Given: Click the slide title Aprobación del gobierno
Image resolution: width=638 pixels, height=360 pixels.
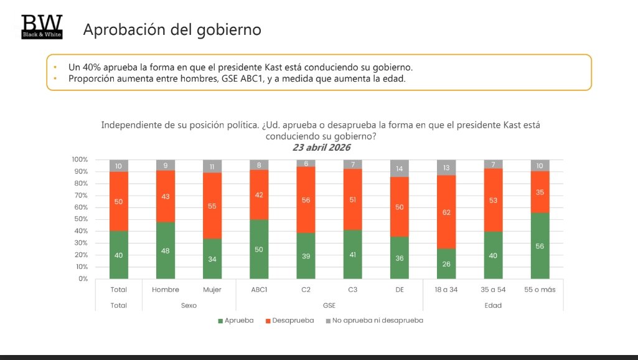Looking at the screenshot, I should coord(172,29).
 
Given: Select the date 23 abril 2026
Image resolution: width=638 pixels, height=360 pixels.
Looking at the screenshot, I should coord(321,148).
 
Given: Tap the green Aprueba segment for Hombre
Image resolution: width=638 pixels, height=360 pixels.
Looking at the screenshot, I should coord(166,250).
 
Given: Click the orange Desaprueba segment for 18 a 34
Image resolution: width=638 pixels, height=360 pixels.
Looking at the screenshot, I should coord(447,212).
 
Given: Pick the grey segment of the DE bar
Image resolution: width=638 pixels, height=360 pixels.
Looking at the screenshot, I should coord(400,168).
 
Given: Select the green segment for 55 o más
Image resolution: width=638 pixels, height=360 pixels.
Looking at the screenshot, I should coord(540,245).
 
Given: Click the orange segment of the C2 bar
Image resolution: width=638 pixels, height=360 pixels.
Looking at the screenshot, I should coord(306,199).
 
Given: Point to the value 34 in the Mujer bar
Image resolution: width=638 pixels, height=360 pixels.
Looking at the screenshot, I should coord(212,258).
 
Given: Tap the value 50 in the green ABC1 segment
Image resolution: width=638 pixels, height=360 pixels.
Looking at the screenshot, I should coord(260,249).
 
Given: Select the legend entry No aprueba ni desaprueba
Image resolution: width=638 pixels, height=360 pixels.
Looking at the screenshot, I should coord(373,320).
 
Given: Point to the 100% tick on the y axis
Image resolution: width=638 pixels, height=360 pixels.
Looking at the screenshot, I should coord(80,160).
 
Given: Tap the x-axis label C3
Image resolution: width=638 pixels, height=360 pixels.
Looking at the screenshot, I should coord(353,290).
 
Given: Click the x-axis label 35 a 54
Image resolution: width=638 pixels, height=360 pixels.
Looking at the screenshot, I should coord(494,290).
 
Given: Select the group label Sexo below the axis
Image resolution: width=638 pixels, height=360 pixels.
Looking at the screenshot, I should coord(189,305).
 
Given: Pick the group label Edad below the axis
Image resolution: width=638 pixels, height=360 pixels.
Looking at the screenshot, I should coord(494,305).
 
